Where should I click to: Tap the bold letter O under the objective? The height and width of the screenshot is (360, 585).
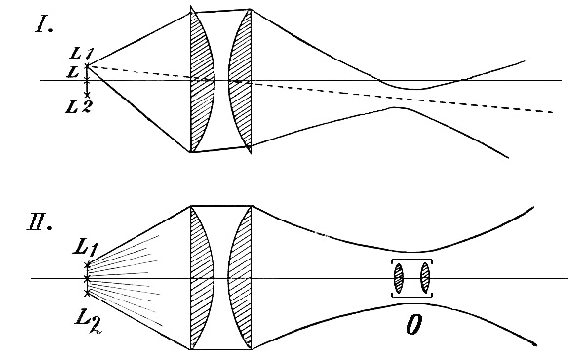coord(414,321)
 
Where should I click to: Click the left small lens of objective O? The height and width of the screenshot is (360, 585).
coord(399,279)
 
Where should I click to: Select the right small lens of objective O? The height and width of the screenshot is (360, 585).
coord(424,279)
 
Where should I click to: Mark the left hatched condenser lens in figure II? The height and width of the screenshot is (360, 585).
coord(202,278)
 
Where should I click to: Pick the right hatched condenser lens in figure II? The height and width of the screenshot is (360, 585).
coord(240,278)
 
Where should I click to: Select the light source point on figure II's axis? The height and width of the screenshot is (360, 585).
coord(86,279)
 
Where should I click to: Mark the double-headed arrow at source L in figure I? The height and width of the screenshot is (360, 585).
coord(88,80)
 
